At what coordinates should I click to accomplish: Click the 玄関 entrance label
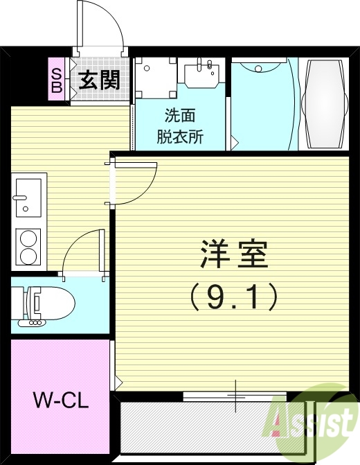(x=98, y=80)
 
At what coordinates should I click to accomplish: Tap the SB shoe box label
(x=57, y=80)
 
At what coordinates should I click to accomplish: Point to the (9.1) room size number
(x=234, y=297)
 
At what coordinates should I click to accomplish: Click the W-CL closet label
(x=61, y=401)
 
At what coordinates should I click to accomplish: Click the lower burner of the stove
(x=28, y=256)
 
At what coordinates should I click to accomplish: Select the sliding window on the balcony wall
(x=235, y=396)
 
